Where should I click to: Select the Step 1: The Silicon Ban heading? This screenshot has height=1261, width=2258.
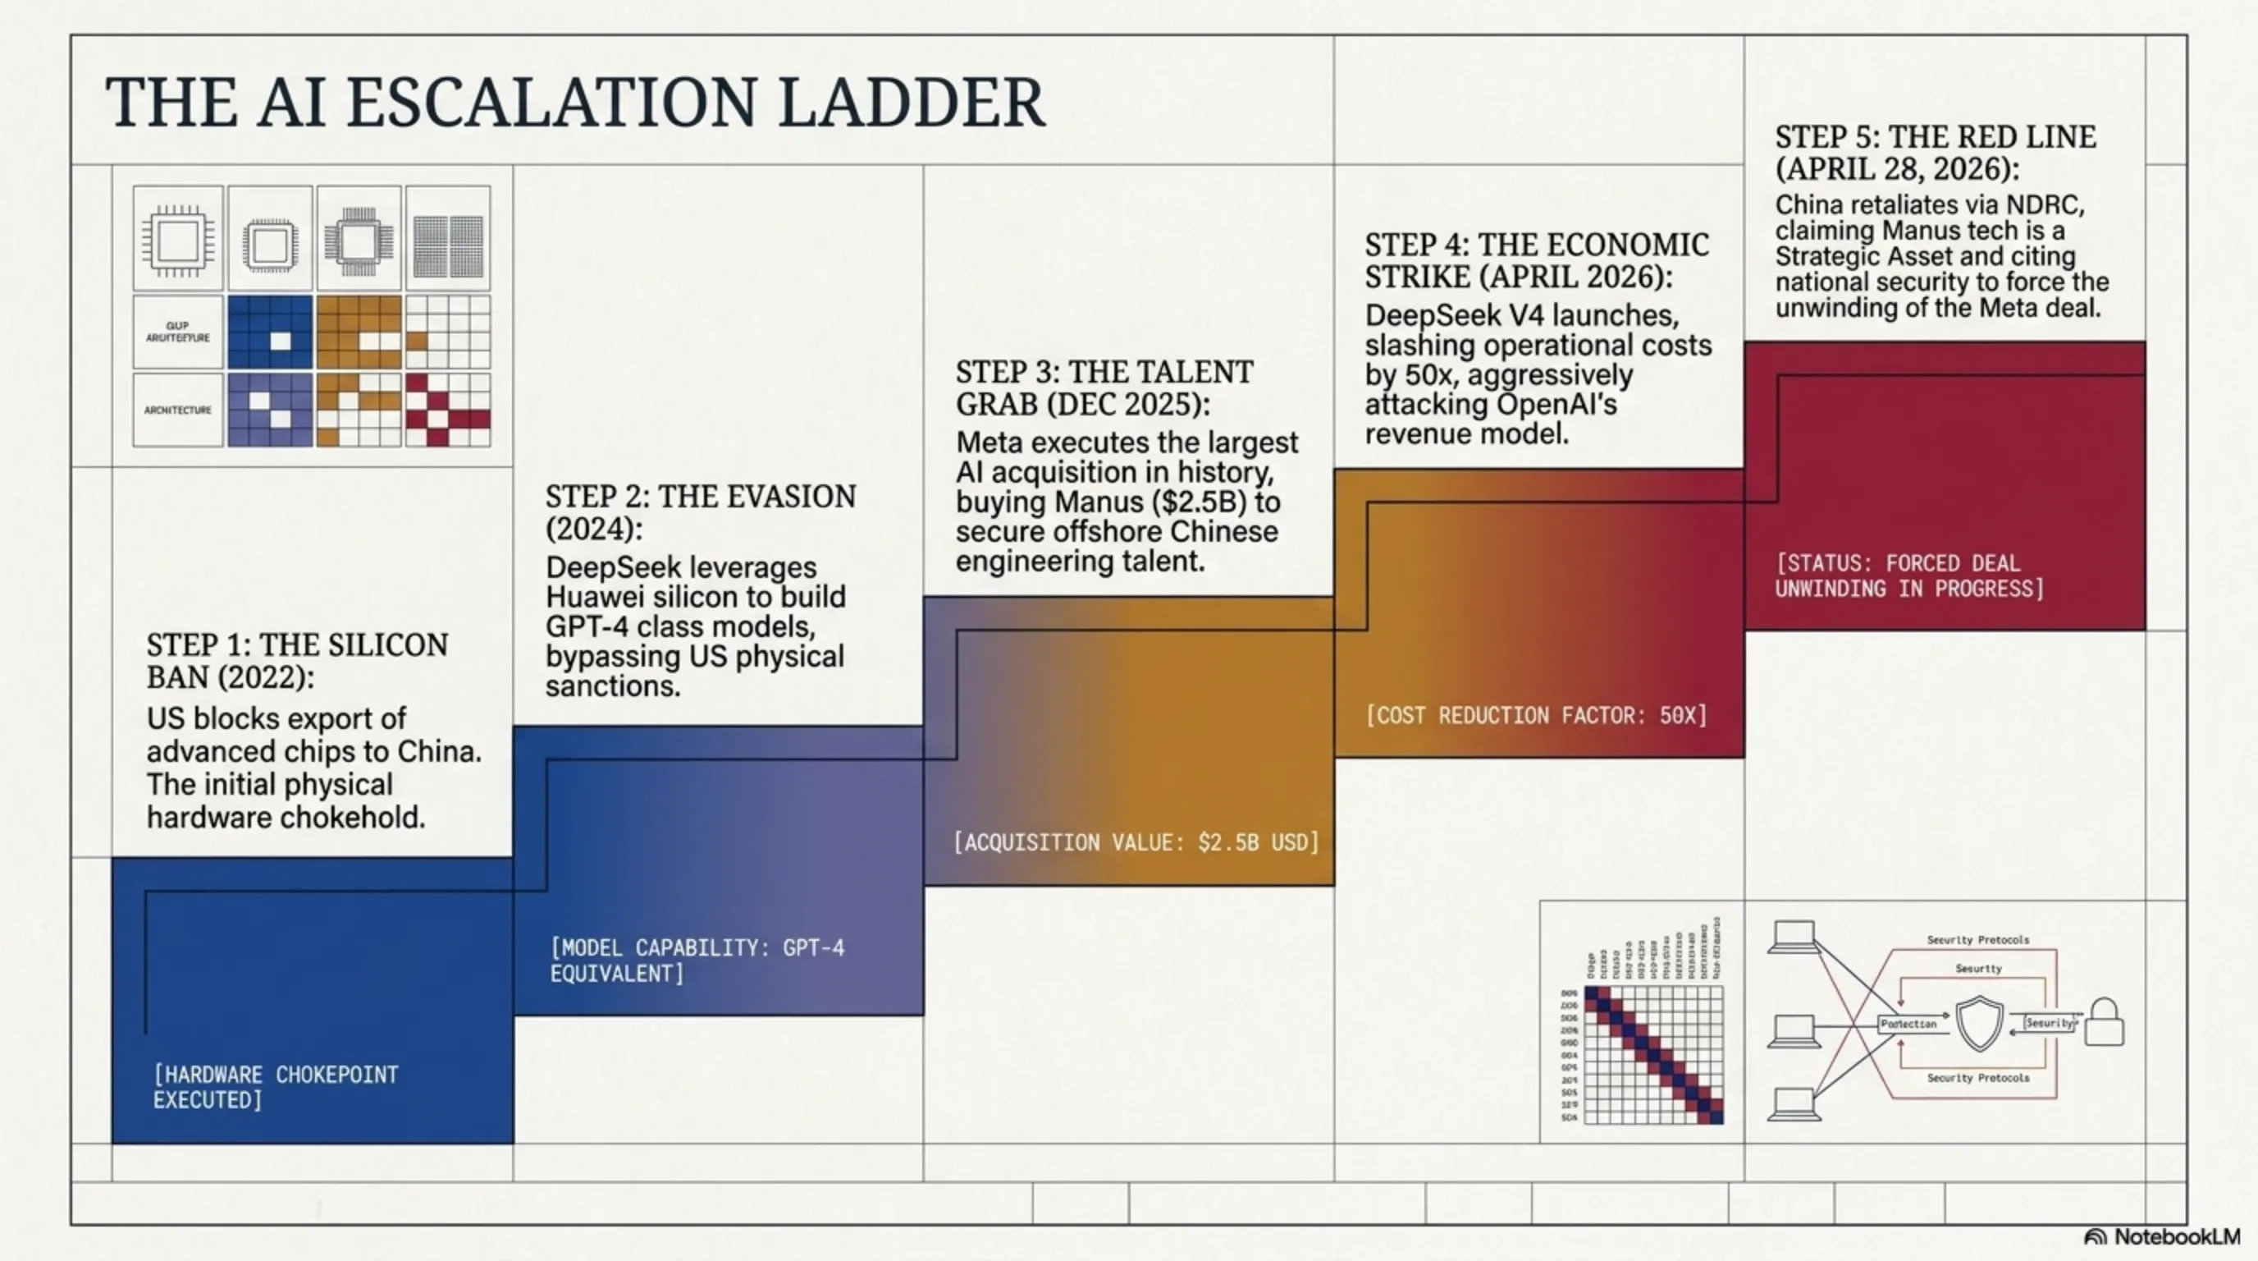(297, 660)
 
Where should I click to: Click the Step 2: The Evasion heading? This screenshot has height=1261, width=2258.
(701, 512)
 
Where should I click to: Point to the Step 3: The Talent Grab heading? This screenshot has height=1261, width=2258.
(1104, 387)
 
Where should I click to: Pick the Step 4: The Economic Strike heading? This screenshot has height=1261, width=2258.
(1537, 260)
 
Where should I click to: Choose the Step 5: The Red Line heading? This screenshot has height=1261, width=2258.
(1936, 153)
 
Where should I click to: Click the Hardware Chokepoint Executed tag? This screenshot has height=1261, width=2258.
(275, 1088)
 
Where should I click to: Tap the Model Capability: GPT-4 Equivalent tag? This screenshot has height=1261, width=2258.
(697, 961)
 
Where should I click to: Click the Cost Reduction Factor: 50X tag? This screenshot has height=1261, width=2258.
(1537, 716)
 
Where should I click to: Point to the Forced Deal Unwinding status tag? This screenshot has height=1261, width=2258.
(1909, 575)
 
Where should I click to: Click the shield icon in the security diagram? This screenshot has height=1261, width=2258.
(1979, 1022)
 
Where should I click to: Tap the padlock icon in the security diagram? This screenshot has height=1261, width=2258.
(2104, 1022)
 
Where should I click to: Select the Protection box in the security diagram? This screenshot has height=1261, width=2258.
(1908, 1024)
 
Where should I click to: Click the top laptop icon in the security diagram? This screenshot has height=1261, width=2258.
(1794, 938)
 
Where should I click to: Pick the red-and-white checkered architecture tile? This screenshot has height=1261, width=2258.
(447, 410)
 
